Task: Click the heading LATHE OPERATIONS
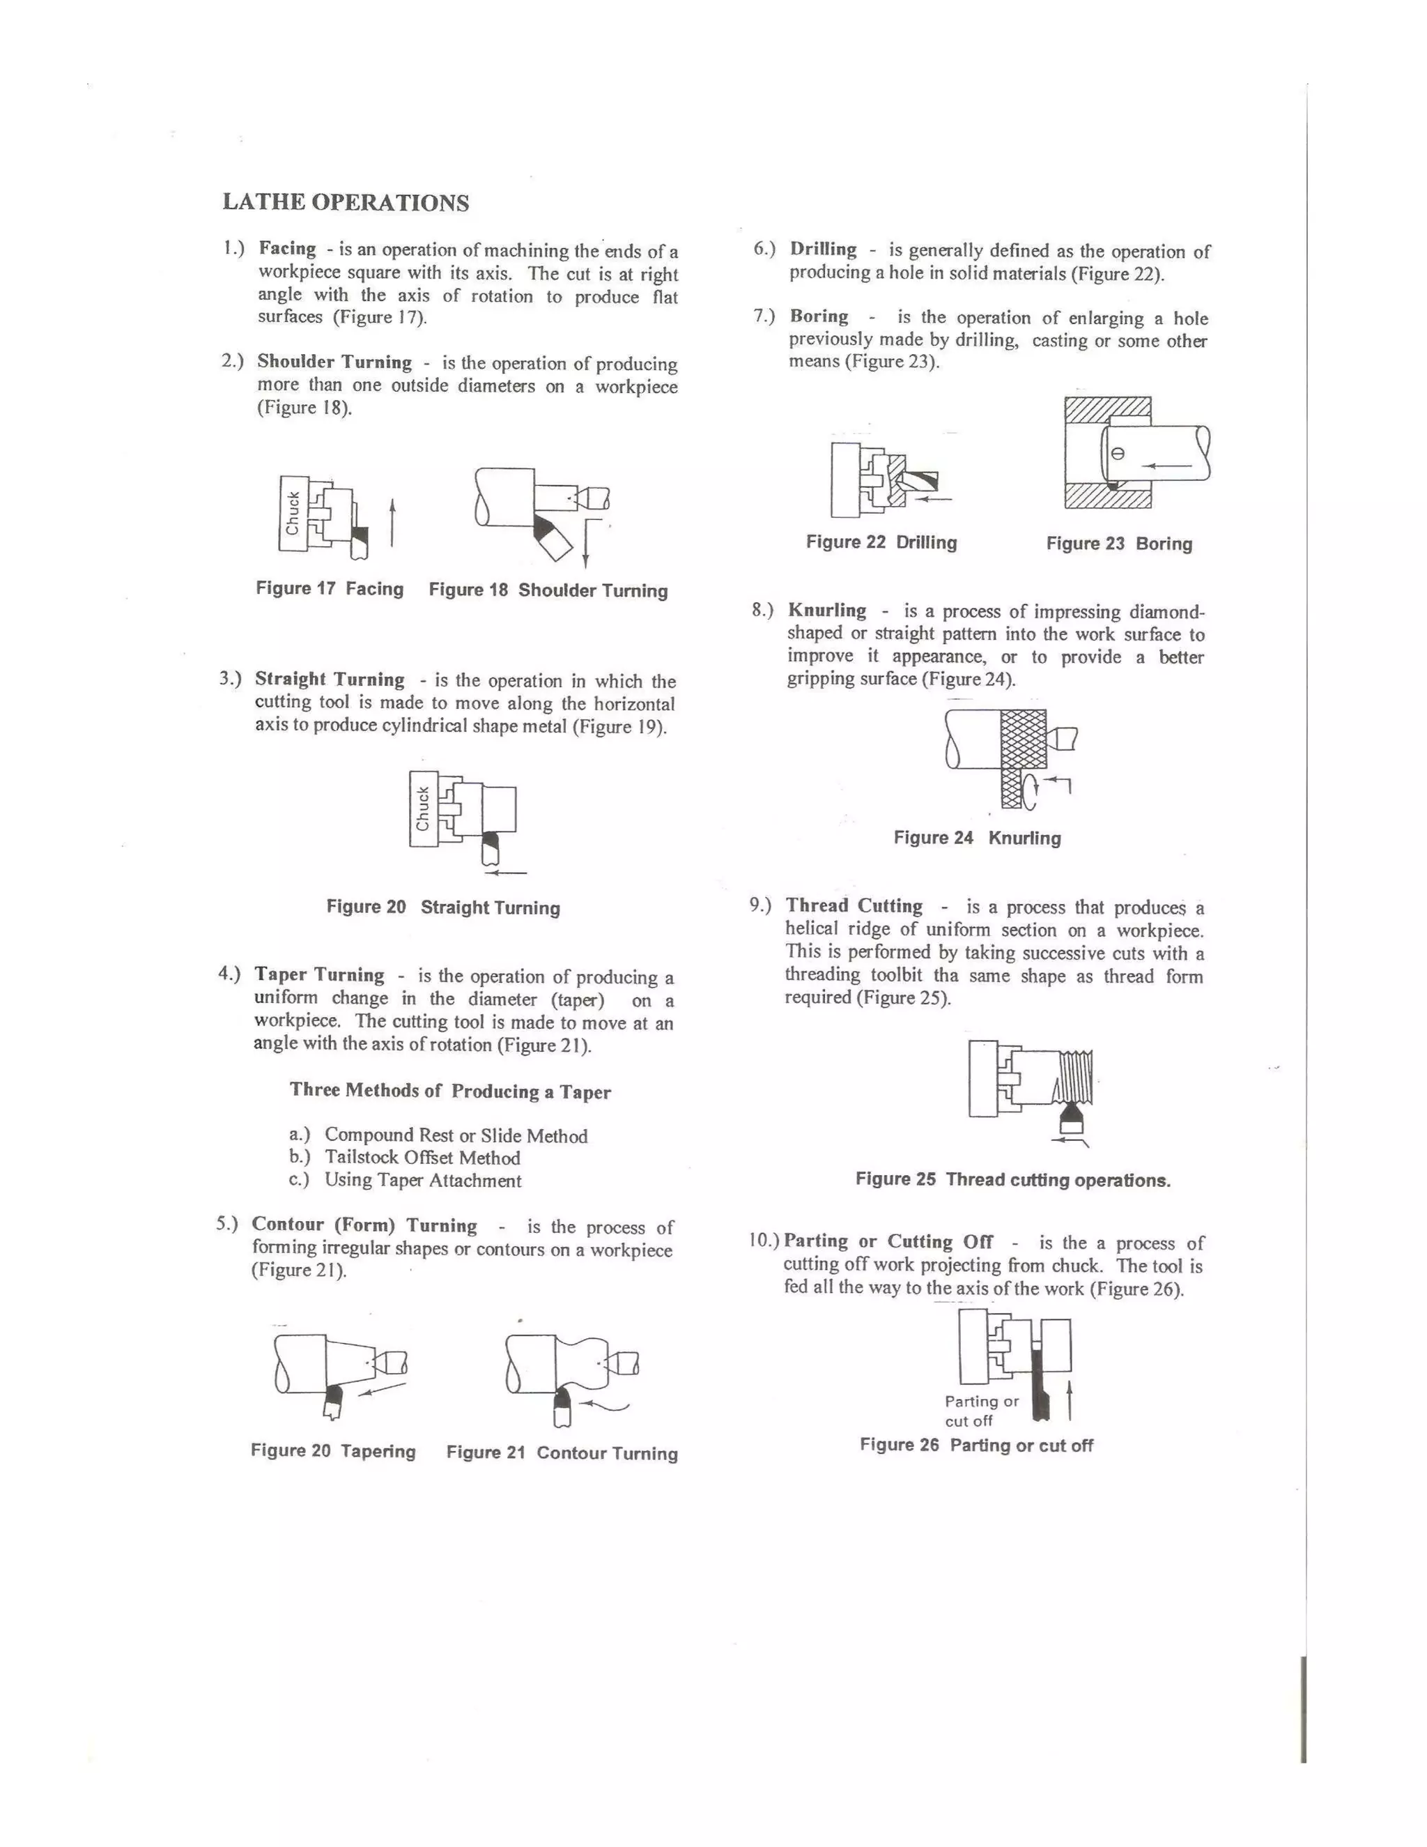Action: pyautogui.click(x=345, y=202)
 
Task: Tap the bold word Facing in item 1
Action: pyautogui.click(x=288, y=249)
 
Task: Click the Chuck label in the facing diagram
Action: pyautogui.click(x=293, y=512)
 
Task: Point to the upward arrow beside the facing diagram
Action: pyautogui.click(x=392, y=523)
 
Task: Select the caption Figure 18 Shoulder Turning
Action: pyautogui.click(x=548, y=590)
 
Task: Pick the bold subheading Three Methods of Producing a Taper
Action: pyautogui.click(x=449, y=1091)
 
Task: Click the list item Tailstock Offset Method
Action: pyautogui.click(x=422, y=1158)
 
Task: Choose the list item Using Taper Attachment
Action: pyautogui.click(x=423, y=1181)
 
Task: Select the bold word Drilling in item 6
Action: pyautogui.click(x=823, y=250)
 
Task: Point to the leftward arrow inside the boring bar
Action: pyautogui.click(x=1166, y=465)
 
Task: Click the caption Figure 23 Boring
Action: pyautogui.click(x=1118, y=544)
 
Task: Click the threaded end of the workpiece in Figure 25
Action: pyautogui.click(x=1075, y=1074)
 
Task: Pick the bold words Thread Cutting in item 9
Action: pyautogui.click(x=854, y=906)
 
